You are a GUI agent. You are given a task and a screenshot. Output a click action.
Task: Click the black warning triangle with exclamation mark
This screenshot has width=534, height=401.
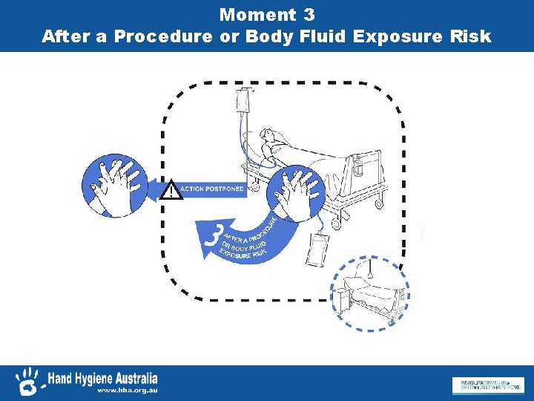[x=172, y=190]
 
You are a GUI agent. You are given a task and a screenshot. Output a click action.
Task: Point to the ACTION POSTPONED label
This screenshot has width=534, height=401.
[x=211, y=189]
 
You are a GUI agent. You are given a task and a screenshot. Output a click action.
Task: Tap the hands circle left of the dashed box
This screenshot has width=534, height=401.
[x=111, y=187]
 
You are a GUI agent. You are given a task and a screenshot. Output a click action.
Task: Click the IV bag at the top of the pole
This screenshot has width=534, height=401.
[x=243, y=100]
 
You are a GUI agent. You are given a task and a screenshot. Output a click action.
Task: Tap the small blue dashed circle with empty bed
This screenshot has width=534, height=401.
[x=369, y=293]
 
